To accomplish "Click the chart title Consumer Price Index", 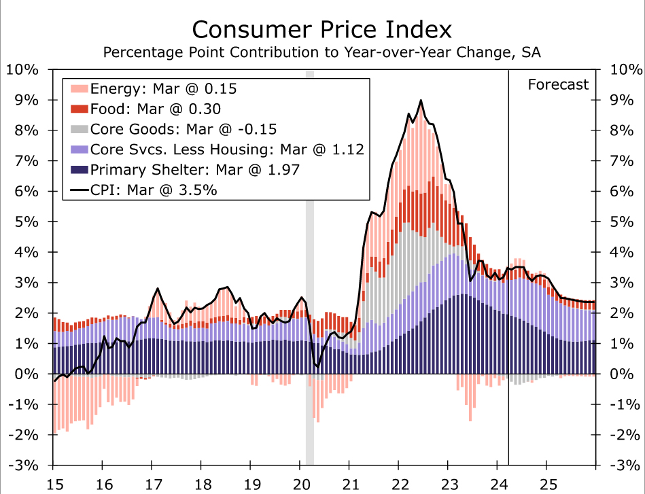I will pyautogui.click(x=321, y=30).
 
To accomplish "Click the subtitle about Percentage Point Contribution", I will pyautogui.click(x=321, y=52).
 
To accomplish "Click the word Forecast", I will pyautogui.click(x=558, y=84).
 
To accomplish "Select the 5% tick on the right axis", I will pyautogui.click(x=624, y=222).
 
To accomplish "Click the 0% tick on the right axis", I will pyautogui.click(x=624, y=374).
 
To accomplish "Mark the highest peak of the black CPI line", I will pyautogui.click(x=421, y=101).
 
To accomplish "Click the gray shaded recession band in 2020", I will pyautogui.click(x=310, y=272).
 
